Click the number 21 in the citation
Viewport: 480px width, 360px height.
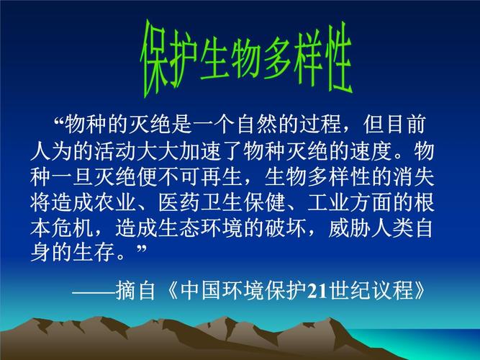[x=317, y=290]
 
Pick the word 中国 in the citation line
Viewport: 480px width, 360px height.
[x=197, y=290]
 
